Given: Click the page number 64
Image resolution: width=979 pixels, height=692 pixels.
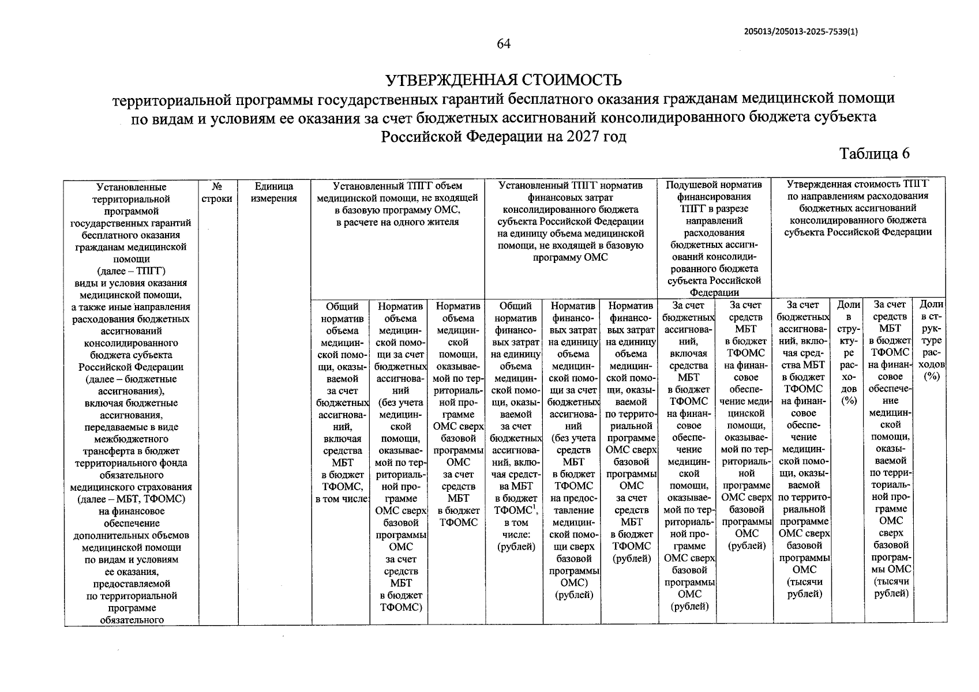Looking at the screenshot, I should click(x=504, y=44).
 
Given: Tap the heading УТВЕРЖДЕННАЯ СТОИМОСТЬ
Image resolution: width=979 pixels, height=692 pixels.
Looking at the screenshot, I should click(x=504, y=79).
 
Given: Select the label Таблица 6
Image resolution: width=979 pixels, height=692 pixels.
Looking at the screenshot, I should click(x=874, y=153).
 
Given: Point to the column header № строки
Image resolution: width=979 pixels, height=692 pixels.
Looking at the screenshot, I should click(x=217, y=193).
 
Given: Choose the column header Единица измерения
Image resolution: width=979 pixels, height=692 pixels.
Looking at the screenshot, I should click(x=274, y=193).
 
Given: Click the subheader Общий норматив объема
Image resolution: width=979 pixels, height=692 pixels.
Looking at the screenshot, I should click(x=342, y=318).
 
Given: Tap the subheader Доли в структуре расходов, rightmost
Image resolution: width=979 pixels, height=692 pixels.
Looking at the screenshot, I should click(x=931, y=340).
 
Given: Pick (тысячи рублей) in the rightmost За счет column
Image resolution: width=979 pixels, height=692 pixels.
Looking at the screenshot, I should click(x=891, y=588).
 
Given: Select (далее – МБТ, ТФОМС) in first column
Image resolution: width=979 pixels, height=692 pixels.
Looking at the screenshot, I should click(x=131, y=499).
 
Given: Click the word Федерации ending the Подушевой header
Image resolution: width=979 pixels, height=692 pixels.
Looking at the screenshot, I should click(x=714, y=292).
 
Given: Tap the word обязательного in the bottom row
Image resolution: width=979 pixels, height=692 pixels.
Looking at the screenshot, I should click(x=131, y=620).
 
